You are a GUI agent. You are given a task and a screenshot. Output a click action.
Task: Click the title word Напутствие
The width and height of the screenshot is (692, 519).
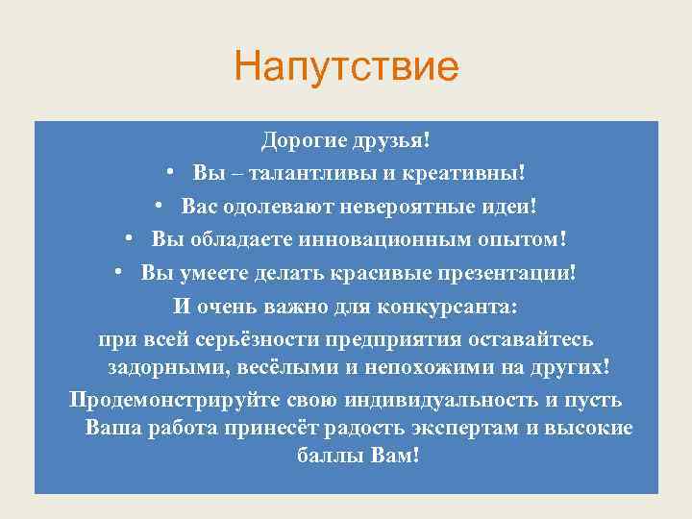(346, 68)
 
